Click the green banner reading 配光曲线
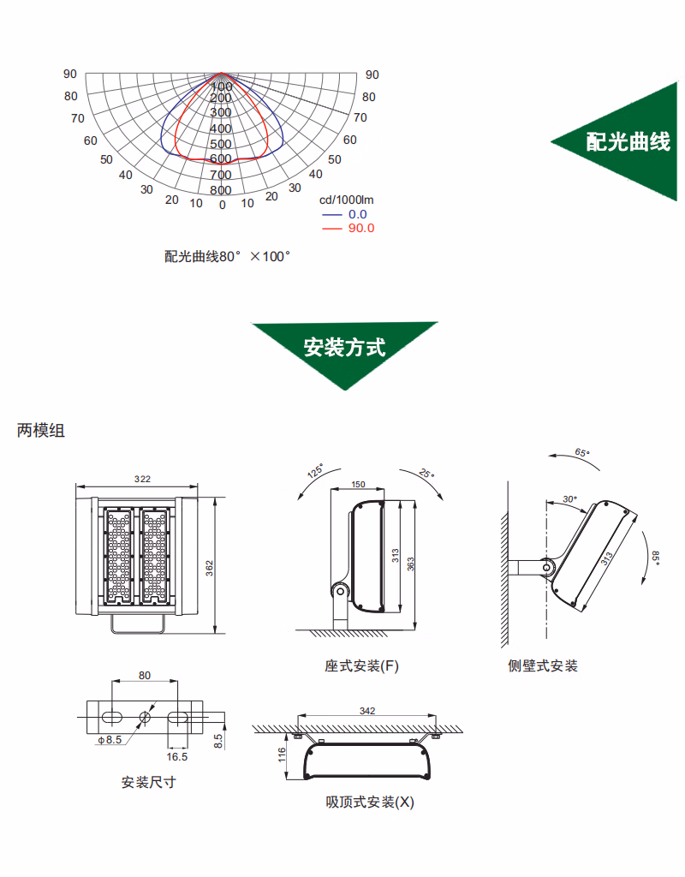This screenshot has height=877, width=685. [x=628, y=142]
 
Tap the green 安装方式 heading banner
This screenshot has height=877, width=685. [x=345, y=348]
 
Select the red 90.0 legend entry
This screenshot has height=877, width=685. [x=360, y=228]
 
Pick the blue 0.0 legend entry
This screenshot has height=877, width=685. [x=357, y=214]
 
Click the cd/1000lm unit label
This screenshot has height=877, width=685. [x=353, y=200]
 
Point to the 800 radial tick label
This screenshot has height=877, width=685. [x=221, y=190]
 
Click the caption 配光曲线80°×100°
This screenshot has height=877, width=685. [x=228, y=256]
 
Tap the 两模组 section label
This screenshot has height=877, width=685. [x=41, y=431]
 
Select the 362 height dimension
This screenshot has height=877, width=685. [x=210, y=568]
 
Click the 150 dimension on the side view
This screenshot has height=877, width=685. [x=359, y=485]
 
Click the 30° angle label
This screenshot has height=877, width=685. [x=570, y=498]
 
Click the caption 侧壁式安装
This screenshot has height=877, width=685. [x=543, y=665]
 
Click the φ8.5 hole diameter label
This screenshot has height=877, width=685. [x=110, y=738]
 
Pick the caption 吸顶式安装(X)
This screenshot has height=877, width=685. [x=370, y=802]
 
